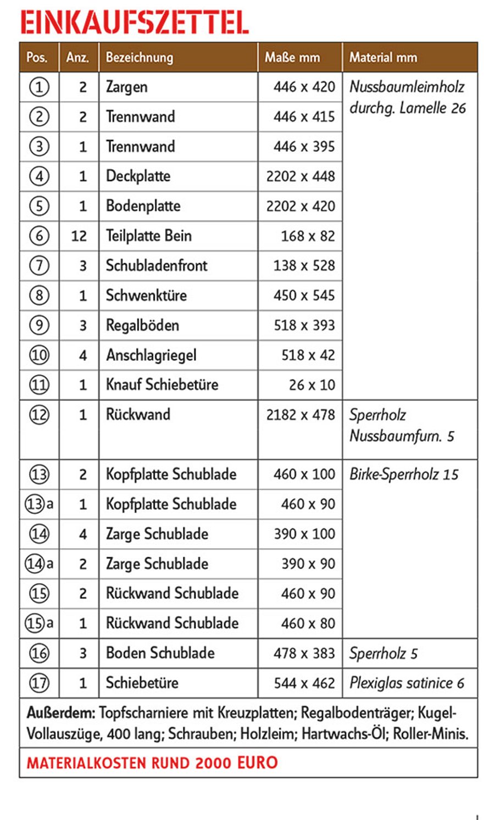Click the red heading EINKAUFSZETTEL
tap(135, 23)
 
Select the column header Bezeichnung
tap(140, 58)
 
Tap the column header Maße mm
tap(292, 58)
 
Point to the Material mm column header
tap(383, 58)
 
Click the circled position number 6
tap(39, 236)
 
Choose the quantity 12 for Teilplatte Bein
tap(79, 236)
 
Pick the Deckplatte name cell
tap(138, 176)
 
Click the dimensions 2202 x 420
tap(301, 207)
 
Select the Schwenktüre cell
tap(146, 295)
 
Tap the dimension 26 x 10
tap(312, 385)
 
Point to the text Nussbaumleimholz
tap(407, 87)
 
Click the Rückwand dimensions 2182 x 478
tap(301, 415)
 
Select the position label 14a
tap(39, 564)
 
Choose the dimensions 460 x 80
tap(308, 623)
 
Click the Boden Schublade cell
tap(160, 653)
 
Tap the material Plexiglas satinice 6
tap(407, 683)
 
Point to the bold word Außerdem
tap(61, 713)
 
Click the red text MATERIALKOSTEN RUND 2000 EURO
tap(152, 763)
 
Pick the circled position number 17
tap(39, 683)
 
